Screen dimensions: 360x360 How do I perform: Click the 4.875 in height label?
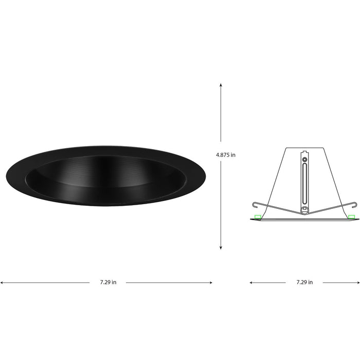coord(226,154)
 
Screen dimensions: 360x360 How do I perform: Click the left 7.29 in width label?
coord(108,282)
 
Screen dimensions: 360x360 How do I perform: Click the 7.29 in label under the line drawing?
coord(304,282)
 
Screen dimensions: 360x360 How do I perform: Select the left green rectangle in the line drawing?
coord(258,217)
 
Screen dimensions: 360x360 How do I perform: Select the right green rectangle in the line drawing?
coord(351,217)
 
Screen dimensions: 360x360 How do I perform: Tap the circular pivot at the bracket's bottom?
coord(304,209)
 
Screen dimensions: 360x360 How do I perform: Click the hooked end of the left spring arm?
coord(254,203)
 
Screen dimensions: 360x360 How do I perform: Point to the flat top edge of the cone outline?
coord(304,149)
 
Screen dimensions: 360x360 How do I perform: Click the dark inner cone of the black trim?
coord(105,177)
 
